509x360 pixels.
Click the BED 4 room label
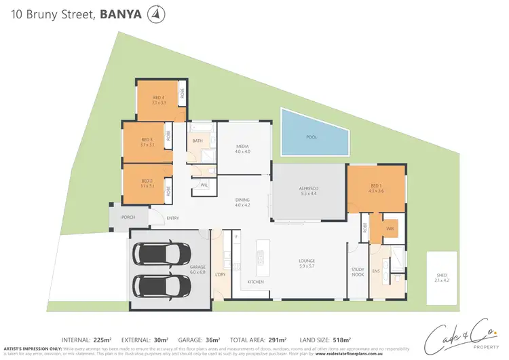click(x=159, y=99)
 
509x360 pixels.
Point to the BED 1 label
click(x=377, y=187)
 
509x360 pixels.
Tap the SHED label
click(x=442, y=276)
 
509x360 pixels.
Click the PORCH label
click(x=128, y=217)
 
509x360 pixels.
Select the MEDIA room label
click(x=243, y=147)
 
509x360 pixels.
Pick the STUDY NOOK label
click(x=358, y=272)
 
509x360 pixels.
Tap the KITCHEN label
click(x=255, y=281)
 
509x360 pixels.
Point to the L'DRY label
click(x=220, y=274)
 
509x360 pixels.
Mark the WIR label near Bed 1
click(x=390, y=229)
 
